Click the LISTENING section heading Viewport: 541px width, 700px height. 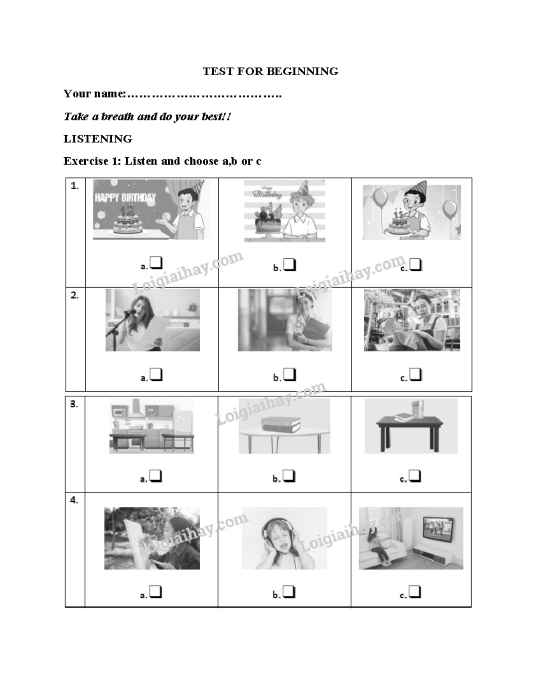click(x=98, y=139)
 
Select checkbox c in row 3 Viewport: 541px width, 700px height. click(x=415, y=476)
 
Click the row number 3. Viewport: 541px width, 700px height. click(x=74, y=404)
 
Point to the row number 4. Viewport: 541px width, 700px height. click(x=74, y=500)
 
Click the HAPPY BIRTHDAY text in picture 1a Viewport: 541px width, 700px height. click(x=125, y=197)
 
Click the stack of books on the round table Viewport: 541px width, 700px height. click(x=280, y=424)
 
